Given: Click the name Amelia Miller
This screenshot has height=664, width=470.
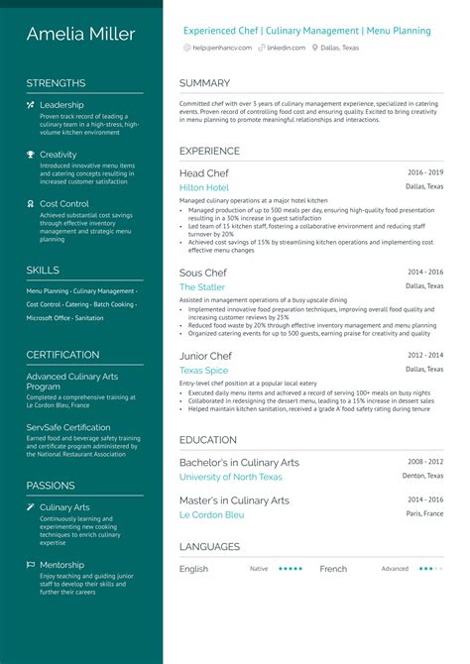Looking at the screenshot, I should pyautogui.click(x=81, y=35).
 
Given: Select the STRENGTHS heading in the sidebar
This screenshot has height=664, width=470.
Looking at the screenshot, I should pyautogui.click(x=56, y=83).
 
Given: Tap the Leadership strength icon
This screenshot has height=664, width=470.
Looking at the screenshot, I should pyautogui.click(x=31, y=105).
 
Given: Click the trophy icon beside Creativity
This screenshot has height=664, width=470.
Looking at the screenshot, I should pyautogui.click(x=31, y=155).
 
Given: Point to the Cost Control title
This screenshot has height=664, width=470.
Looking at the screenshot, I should pyautogui.click(x=64, y=204).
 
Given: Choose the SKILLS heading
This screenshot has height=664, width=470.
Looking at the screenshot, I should pyautogui.click(x=43, y=270).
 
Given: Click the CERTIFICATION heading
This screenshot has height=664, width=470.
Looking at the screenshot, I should pyautogui.click(x=62, y=355).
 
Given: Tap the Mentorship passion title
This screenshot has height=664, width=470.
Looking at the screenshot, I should pyautogui.click(x=62, y=565).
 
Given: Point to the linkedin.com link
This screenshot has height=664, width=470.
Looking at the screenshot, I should pyautogui.click(x=286, y=48).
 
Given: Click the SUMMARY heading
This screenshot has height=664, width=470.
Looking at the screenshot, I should pyautogui.click(x=204, y=83).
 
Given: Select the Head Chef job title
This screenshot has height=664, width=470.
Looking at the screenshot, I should pyautogui.click(x=205, y=173).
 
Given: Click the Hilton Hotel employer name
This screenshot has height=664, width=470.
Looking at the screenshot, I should pyautogui.click(x=204, y=187).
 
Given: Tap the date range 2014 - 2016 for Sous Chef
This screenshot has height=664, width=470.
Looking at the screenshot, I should pyautogui.click(x=425, y=271).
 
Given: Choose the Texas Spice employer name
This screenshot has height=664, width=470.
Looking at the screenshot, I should pyautogui.click(x=203, y=371).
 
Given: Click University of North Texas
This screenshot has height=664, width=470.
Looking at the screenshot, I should pyautogui.click(x=231, y=477).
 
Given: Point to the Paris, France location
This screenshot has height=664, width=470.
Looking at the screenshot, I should pyautogui.click(x=424, y=514).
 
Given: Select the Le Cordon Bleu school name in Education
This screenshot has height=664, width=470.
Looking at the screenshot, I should pyautogui.click(x=212, y=515).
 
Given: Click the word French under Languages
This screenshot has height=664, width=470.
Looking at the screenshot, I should pyautogui.click(x=334, y=569).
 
